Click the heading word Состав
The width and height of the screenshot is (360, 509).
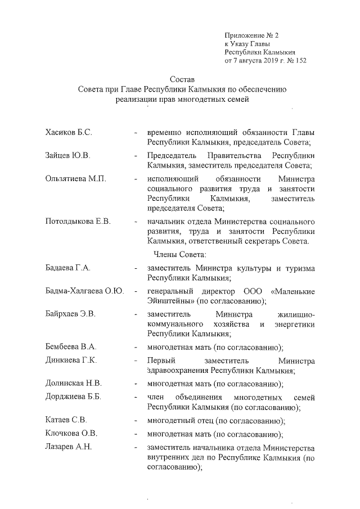pyautogui.click(x=182, y=79)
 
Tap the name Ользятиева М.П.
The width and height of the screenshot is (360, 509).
pyautogui.click(x=75, y=179)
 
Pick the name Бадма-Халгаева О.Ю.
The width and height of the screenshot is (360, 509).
pyautogui.click(x=84, y=291)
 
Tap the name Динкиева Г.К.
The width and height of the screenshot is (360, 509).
pyautogui.click(x=71, y=361)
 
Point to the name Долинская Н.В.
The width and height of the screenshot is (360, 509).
pyautogui.click(x=73, y=384)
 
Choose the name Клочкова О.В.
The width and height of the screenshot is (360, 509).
pyautogui.click(x=71, y=434)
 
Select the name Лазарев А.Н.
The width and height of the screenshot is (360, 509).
pyautogui.click(x=68, y=448)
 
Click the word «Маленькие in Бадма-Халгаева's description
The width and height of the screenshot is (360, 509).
pyautogui.click(x=292, y=291)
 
